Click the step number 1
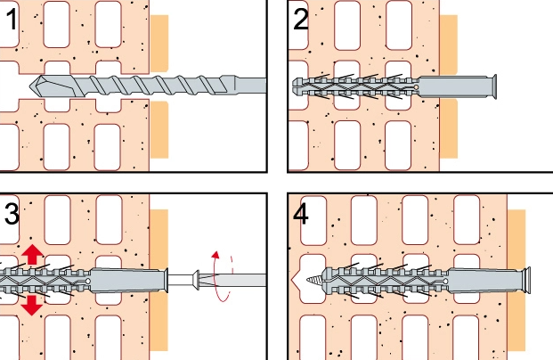pyautogui.click(x=12, y=20)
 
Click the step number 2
pyautogui.click(x=300, y=20)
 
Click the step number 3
pyautogui.click(x=12, y=214)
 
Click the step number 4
pyautogui.click(x=300, y=214)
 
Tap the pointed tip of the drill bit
pyautogui.click(x=30, y=86)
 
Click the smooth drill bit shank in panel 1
pyautogui.click(x=250, y=86)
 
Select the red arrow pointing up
pyautogui.click(x=32, y=254)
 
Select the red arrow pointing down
pyautogui.click(x=32, y=306)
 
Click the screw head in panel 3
pyautogui.click(x=196, y=280)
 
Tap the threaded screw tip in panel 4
pyautogui.click(x=313, y=281)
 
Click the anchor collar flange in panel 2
pyautogui.click(x=494, y=86)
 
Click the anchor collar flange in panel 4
pyautogui.click(x=527, y=280)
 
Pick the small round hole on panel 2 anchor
pyautogui.click(x=416, y=87)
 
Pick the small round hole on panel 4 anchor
pyautogui.click(x=445, y=282)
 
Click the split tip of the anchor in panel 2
pyautogui.click(x=297, y=86)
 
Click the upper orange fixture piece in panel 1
pyautogui.click(x=159, y=43)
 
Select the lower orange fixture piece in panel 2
pyautogui.click(x=449, y=128)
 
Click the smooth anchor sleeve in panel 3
pyautogui.click(x=127, y=280)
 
